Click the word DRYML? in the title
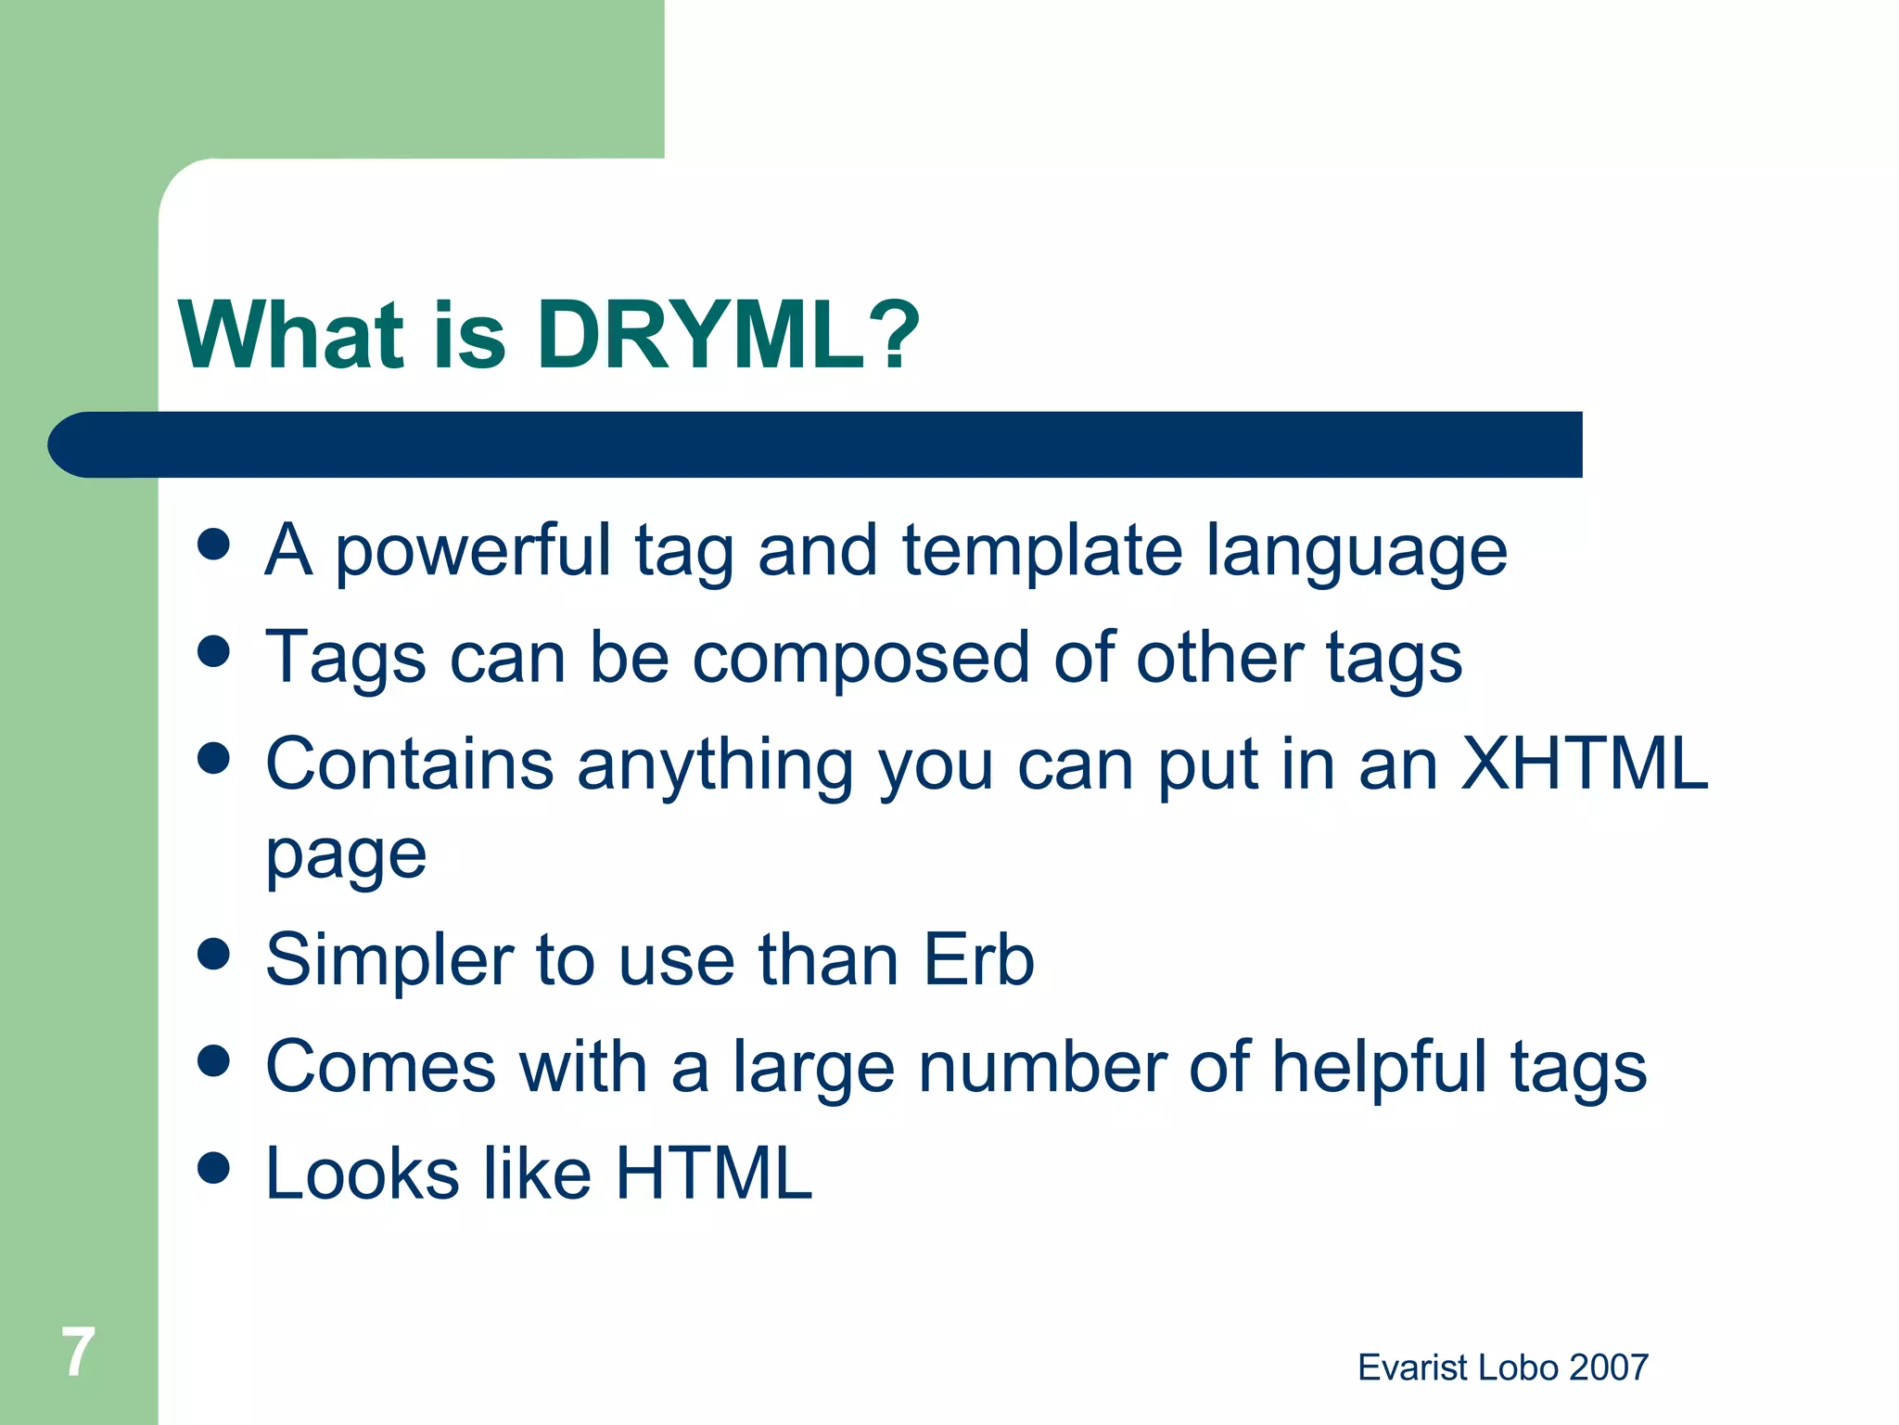728,336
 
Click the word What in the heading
292,336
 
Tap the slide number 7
78,1352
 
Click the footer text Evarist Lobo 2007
1502,1367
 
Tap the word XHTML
1584,764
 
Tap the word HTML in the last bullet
713,1174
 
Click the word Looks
363,1174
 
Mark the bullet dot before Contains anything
214,758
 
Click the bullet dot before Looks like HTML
214,1168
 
